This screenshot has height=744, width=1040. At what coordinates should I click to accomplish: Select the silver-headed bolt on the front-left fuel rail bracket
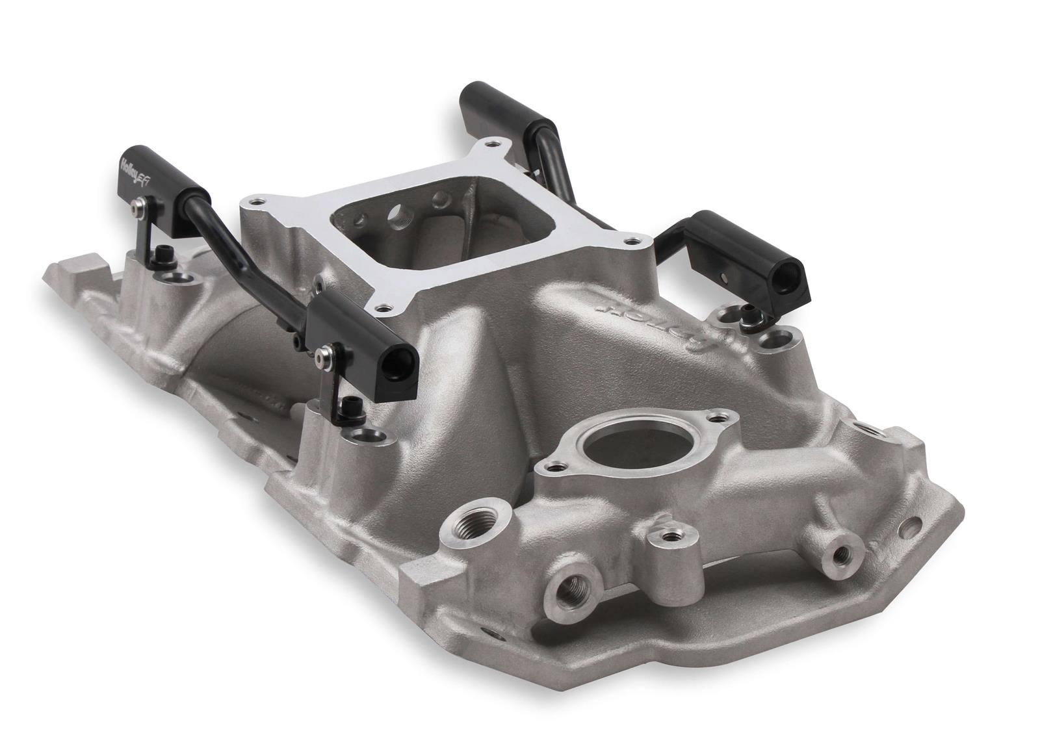click(324, 355)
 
